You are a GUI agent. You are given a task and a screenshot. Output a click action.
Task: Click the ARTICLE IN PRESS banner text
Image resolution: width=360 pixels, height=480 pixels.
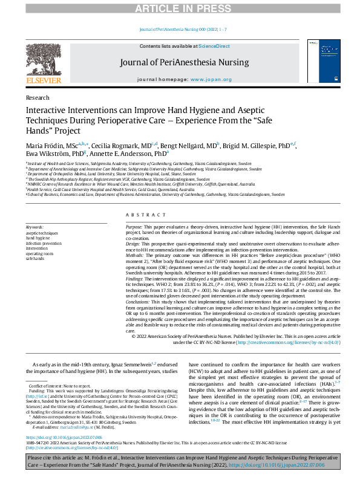180,8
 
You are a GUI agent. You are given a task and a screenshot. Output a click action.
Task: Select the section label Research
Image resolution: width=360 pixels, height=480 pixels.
38,97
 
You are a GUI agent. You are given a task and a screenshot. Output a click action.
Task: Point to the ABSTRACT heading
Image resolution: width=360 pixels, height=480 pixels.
140,215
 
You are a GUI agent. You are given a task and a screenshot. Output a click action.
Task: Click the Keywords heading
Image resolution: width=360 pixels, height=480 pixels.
35,227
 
